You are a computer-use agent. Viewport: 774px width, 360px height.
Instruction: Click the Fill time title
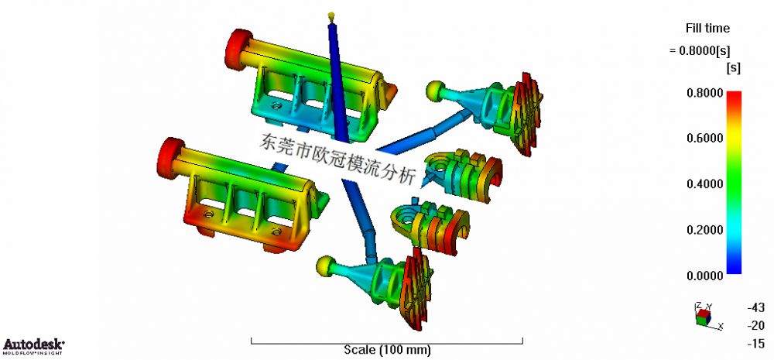pyautogui.click(x=707, y=29)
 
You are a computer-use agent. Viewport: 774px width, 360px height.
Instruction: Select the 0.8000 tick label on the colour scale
pyautogui.click(x=704, y=93)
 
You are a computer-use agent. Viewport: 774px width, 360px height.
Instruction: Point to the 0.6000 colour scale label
pyautogui.click(x=704, y=139)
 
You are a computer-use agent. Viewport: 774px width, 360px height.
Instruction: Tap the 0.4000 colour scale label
pyautogui.click(x=704, y=185)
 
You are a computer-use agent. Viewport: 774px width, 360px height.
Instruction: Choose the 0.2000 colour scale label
pyautogui.click(x=704, y=230)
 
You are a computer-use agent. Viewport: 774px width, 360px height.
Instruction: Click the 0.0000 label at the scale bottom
pyautogui.click(x=704, y=276)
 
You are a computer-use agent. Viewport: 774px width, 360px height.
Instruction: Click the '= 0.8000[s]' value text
pyautogui.click(x=700, y=51)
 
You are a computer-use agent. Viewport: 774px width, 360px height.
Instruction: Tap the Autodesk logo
pyautogui.click(x=33, y=346)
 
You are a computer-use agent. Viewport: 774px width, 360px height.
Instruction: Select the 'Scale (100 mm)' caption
pyautogui.click(x=387, y=350)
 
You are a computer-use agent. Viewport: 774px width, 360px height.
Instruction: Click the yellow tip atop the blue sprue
pyautogui.click(x=331, y=16)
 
